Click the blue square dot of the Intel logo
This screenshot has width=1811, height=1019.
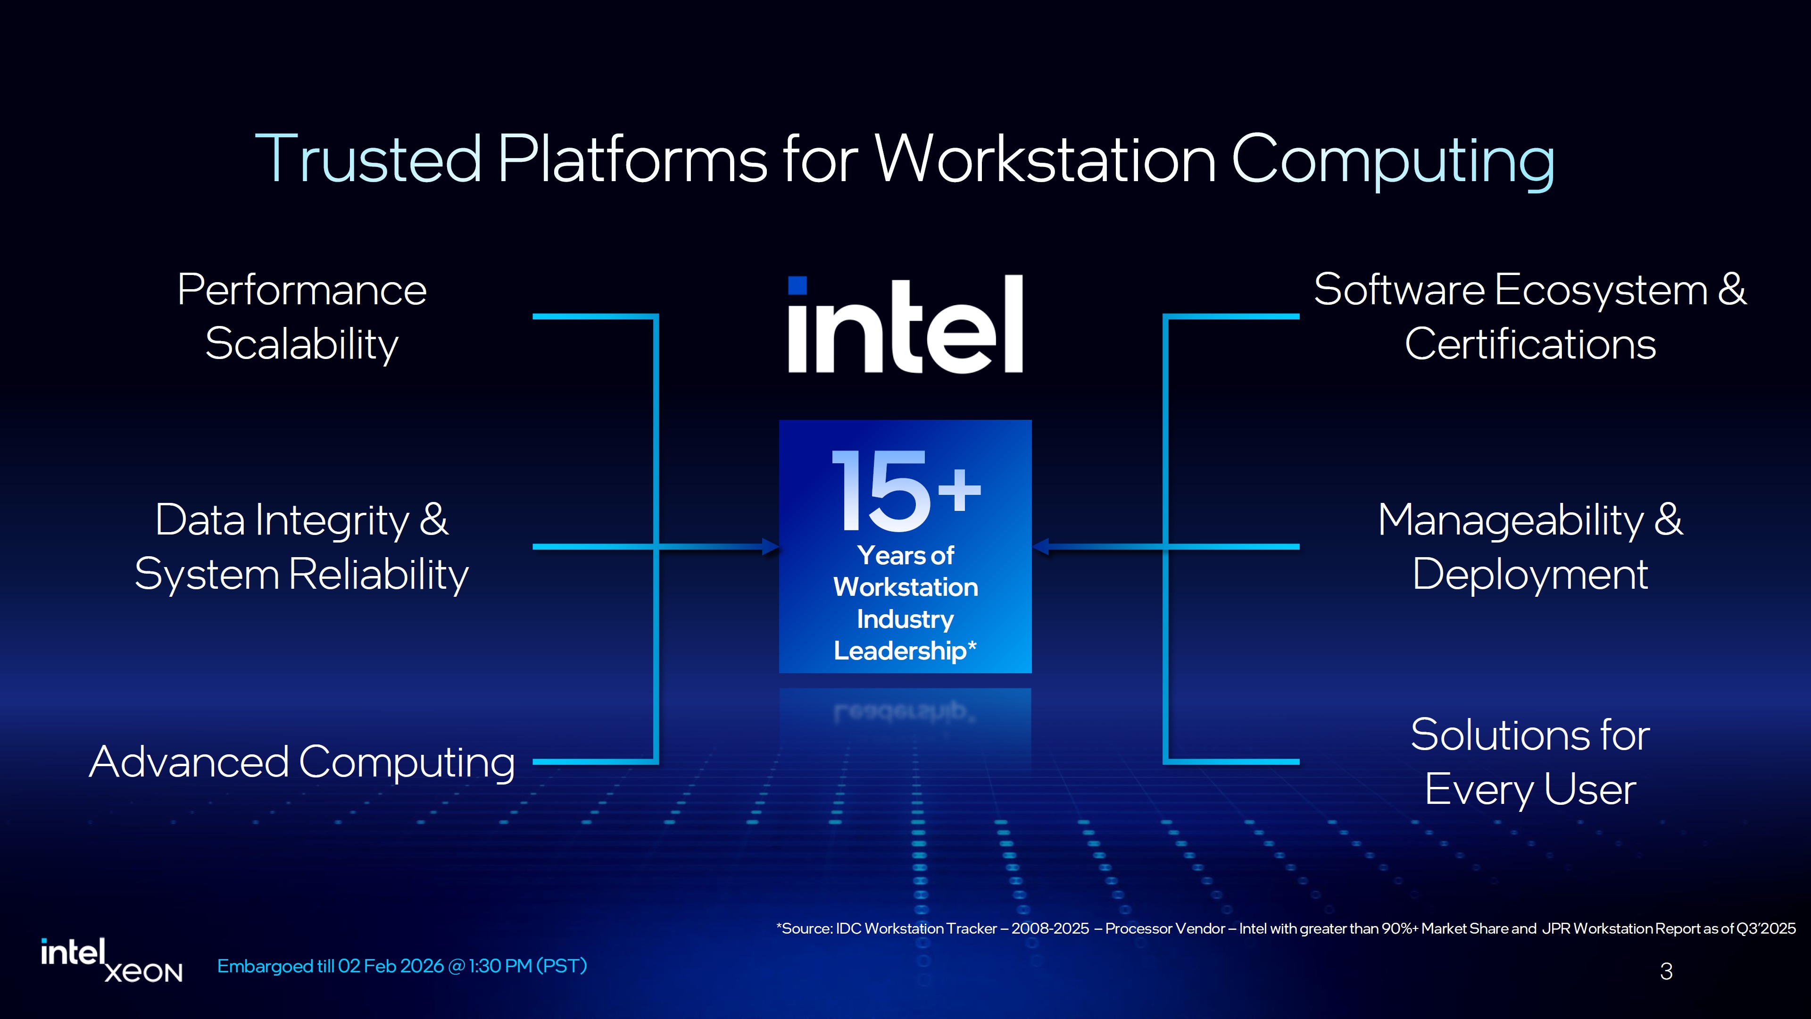click(797, 285)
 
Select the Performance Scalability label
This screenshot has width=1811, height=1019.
click(302, 317)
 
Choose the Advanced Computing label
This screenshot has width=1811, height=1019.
click(302, 761)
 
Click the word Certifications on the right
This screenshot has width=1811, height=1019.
click(1530, 344)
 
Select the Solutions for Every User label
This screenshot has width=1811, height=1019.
click(1530, 761)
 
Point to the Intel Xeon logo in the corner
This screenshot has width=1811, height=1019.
click(111, 960)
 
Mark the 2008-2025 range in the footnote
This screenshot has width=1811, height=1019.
click(1050, 928)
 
